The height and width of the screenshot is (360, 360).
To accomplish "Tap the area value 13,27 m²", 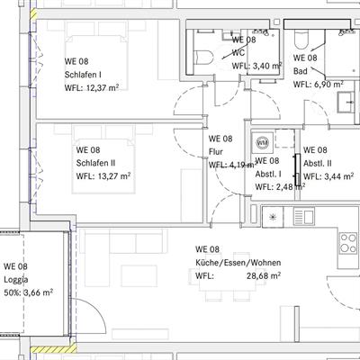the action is [114, 176].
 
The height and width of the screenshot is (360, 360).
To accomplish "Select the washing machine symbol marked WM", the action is [263, 142].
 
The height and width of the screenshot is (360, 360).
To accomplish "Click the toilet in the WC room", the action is [204, 57].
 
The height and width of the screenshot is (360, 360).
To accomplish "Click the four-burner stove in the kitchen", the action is [349, 243].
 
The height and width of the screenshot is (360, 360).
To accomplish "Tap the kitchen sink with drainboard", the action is [304, 217].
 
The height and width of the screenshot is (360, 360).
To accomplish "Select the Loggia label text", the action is [16, 280].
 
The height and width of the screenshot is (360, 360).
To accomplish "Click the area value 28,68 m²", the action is [264, 275].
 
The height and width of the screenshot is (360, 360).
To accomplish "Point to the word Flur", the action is [216, 152].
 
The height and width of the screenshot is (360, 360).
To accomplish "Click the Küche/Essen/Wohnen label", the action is [238, 263].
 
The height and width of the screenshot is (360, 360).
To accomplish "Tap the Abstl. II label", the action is [318, 164].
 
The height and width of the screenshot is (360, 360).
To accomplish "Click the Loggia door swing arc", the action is [96, 309].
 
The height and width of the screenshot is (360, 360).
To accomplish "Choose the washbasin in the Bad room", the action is [347, 102].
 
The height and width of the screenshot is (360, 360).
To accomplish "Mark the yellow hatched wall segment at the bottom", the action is [53, 349].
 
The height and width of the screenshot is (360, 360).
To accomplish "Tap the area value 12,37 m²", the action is [102, 88].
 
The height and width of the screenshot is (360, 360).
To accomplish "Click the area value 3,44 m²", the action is [337, 176].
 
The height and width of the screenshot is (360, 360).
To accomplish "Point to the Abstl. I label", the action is [268, 175].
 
